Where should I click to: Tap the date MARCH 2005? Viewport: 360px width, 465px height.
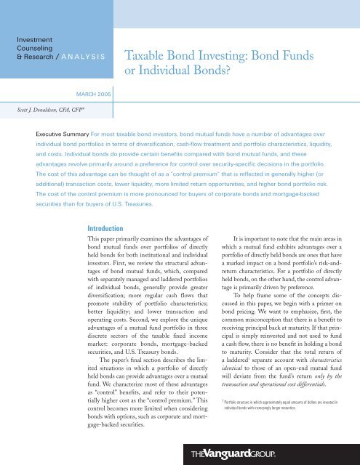(x=97, y=93)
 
